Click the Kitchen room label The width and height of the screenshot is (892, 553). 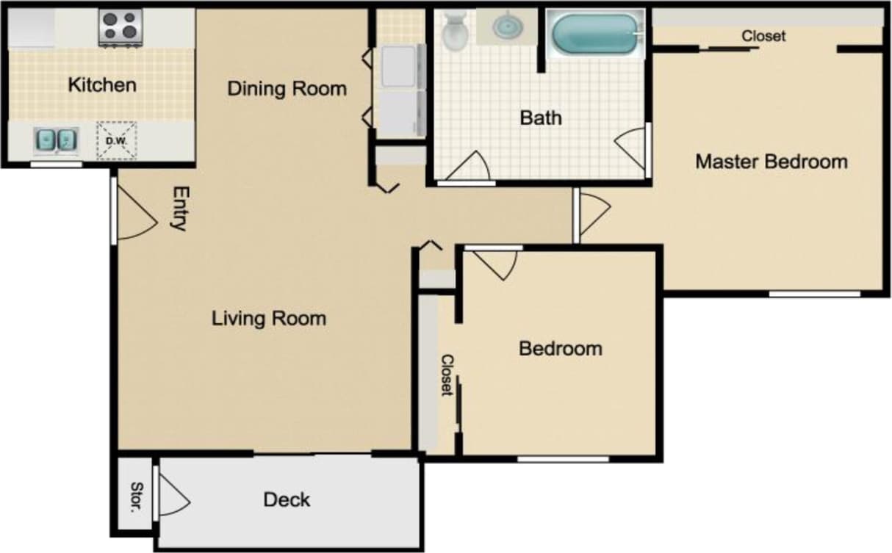pyautogui.click(x=102, y=85)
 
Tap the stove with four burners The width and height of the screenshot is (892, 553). pyautogui.click(x=120, y=28)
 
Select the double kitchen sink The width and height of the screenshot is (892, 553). pyautogui.click(x=56, y=139)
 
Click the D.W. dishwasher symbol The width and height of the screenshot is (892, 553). pyautogui.click(x=117, y=140)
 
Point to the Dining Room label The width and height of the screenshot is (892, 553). pyautogui.click(x=287, y=89)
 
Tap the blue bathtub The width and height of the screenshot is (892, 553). pyautogui.click(x=594, y=34)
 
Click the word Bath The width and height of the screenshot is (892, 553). pyautogui.click(x=541, y=118)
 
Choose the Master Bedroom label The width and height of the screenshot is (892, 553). pyautogui.click(x=771, y=162)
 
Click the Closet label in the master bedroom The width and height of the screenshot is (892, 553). pyautogui.click(x=763, y=36)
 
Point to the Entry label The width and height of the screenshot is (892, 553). pyautogui.click(x=179, y=209)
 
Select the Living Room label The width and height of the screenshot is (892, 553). pyautogui.click(x=269, y=319)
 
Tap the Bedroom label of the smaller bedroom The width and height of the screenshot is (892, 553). pyautogui.click(x=560, y=348)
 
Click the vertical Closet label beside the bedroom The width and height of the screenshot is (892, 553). pyautogui.click(x=446, y=375)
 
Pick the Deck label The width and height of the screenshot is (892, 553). pyautogui.click(x=287, y=500)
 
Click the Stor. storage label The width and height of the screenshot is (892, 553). pyautogui.click(x=136, y=497)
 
